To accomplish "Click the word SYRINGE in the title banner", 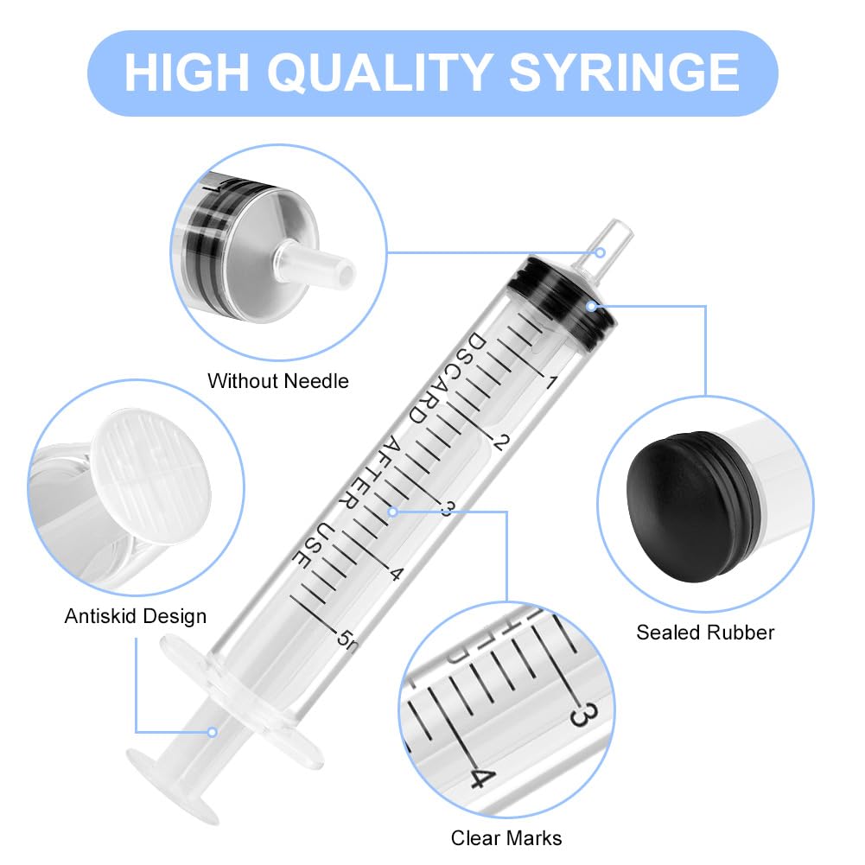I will (625, 73).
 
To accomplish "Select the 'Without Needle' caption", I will (278, 381).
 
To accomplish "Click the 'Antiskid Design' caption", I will (136, 616).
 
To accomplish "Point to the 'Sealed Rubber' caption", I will (705, 633).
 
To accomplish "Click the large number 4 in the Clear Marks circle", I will (480, 776).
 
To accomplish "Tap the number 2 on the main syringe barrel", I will (499, 442).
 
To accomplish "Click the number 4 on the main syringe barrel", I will (397, 574).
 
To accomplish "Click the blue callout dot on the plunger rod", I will (211, 732).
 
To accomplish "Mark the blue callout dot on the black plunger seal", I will (591, 305).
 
